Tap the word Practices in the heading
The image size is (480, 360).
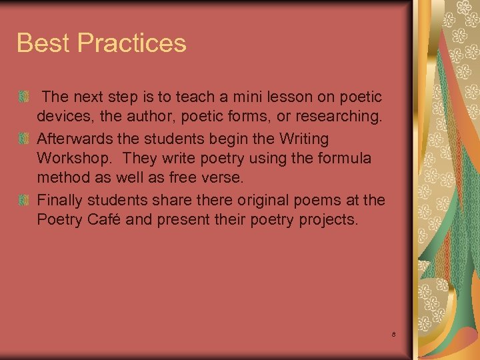pos(132,43)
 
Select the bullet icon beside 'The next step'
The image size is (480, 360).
pos(23,98)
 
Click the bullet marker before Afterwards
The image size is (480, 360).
pos(23,139)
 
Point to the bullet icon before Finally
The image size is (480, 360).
pos(23,201)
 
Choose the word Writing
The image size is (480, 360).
pos(305,139)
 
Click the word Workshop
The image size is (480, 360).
pos(75,159)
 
